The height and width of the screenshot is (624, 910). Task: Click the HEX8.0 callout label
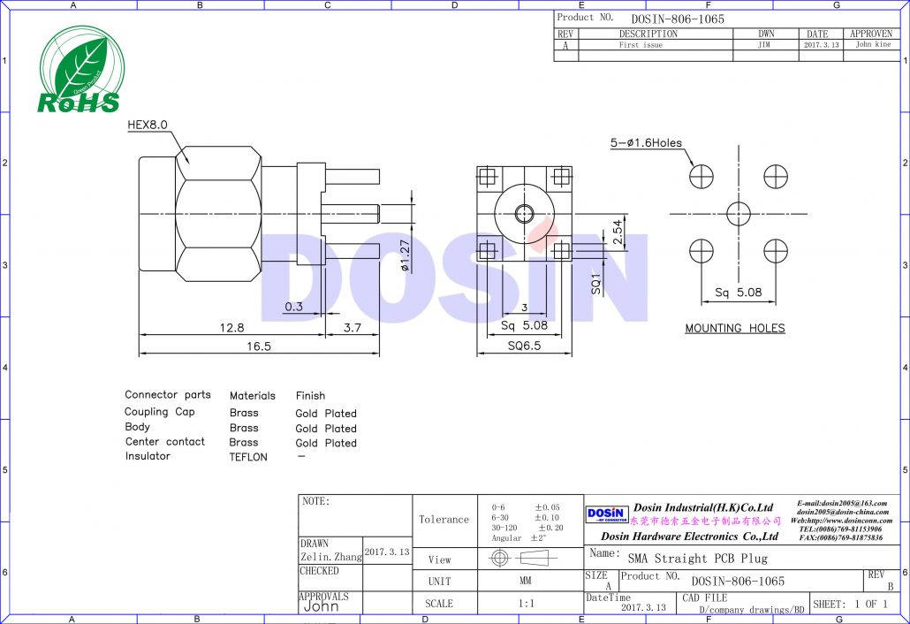click(x=148, y=126)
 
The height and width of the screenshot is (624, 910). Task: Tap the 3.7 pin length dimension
click(x=352, y=327)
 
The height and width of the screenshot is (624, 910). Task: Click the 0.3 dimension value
click(x=293, y=307)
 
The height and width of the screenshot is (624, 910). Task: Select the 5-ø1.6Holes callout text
click(x=646, y=143)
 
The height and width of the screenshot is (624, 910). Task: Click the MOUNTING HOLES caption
click(x=734, y=328)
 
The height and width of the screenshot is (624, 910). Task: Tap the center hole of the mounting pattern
click(x=738, y=213)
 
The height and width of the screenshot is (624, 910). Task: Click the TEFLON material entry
click(x=248, y=457)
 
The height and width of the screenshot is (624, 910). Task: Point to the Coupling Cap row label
click(x=159, y=412)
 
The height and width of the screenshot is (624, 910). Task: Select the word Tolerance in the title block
click(x=444, y=520)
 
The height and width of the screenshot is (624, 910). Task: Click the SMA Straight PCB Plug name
click(x=697, y=558)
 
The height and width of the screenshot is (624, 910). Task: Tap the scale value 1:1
click(x=525, y=604)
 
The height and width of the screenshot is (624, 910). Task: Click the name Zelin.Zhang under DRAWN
click(x=330, y=558)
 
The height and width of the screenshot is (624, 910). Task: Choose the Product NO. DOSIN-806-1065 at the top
click(x=677, y=19)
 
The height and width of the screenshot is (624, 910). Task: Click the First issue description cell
click(x=641, y=44)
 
